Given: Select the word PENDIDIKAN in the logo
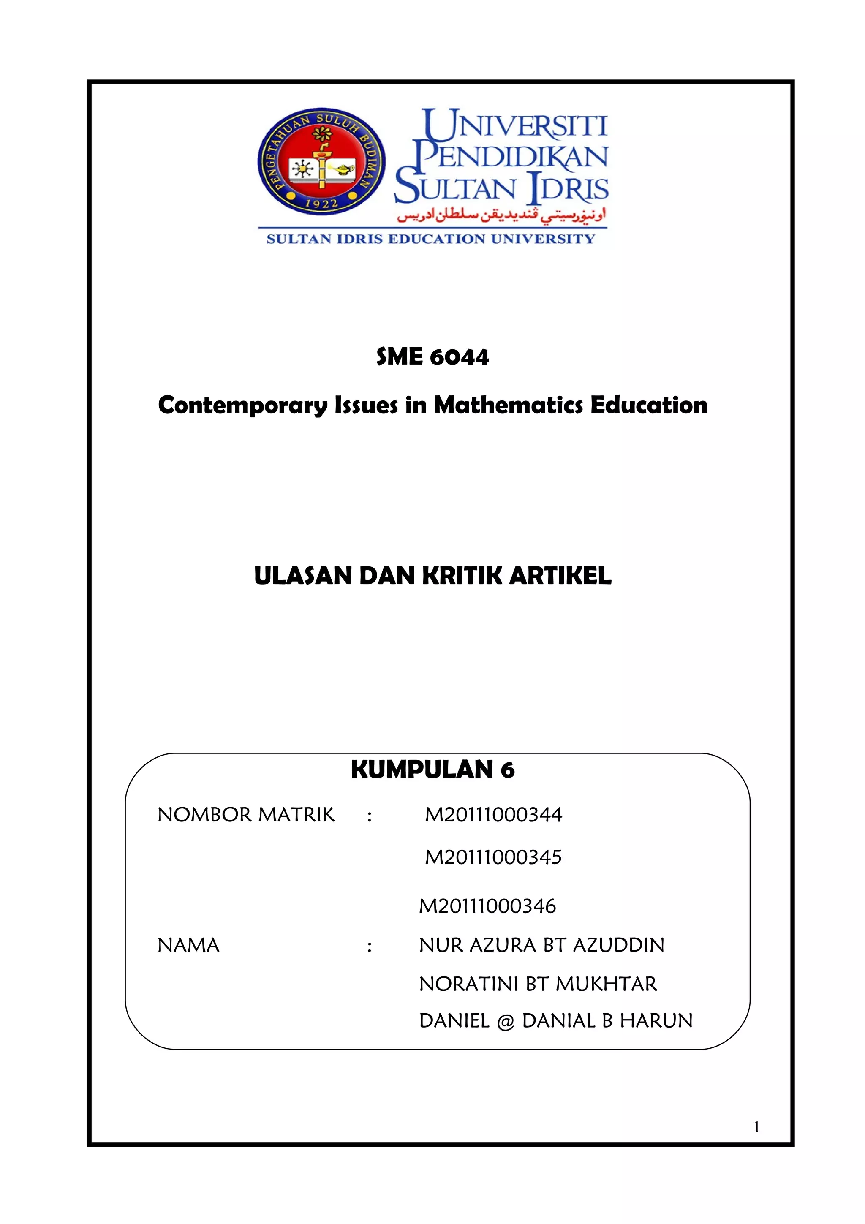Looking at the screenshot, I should [x=511, y=157].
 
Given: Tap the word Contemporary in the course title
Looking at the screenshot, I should [x=242, y=406].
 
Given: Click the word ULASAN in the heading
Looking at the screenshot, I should [x=303, y=576].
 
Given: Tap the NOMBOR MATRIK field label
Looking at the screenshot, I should [x=246, y=815].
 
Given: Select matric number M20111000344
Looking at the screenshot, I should [x=493, y=815].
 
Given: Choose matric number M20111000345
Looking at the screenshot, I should [x=493, y=858].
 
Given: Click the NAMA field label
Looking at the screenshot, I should [x=188, y=946].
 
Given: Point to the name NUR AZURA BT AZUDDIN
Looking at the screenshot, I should [x=541, y=946].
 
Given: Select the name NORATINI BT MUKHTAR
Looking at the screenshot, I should [x=538, y=984].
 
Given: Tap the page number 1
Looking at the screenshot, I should [x=756, y=1127].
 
